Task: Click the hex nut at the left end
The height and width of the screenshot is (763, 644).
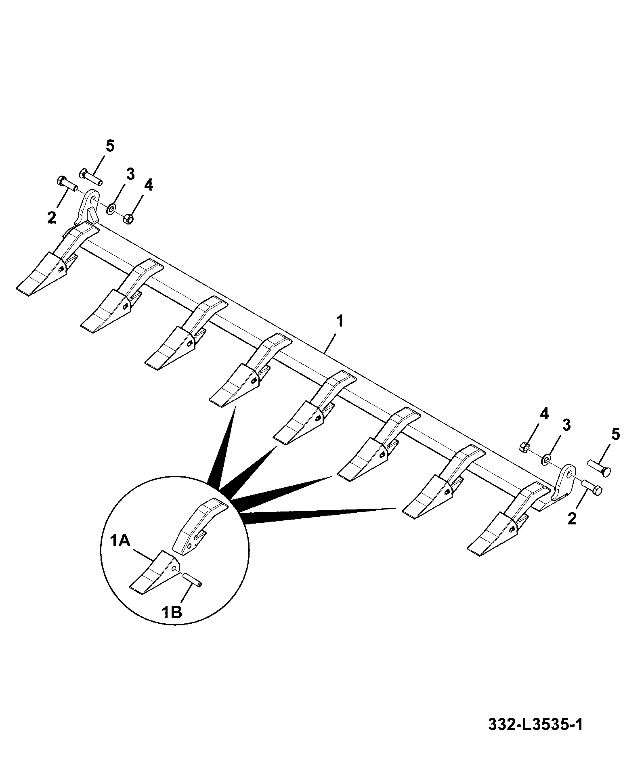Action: pos(128,219)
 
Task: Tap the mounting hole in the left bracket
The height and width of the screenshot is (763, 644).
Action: pos(93,199)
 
